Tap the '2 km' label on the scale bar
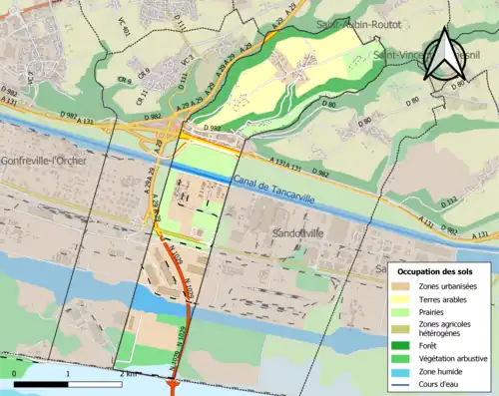tap(130, 373)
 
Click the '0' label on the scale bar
tap(15, 373)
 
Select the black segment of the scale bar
tap(41, 384)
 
